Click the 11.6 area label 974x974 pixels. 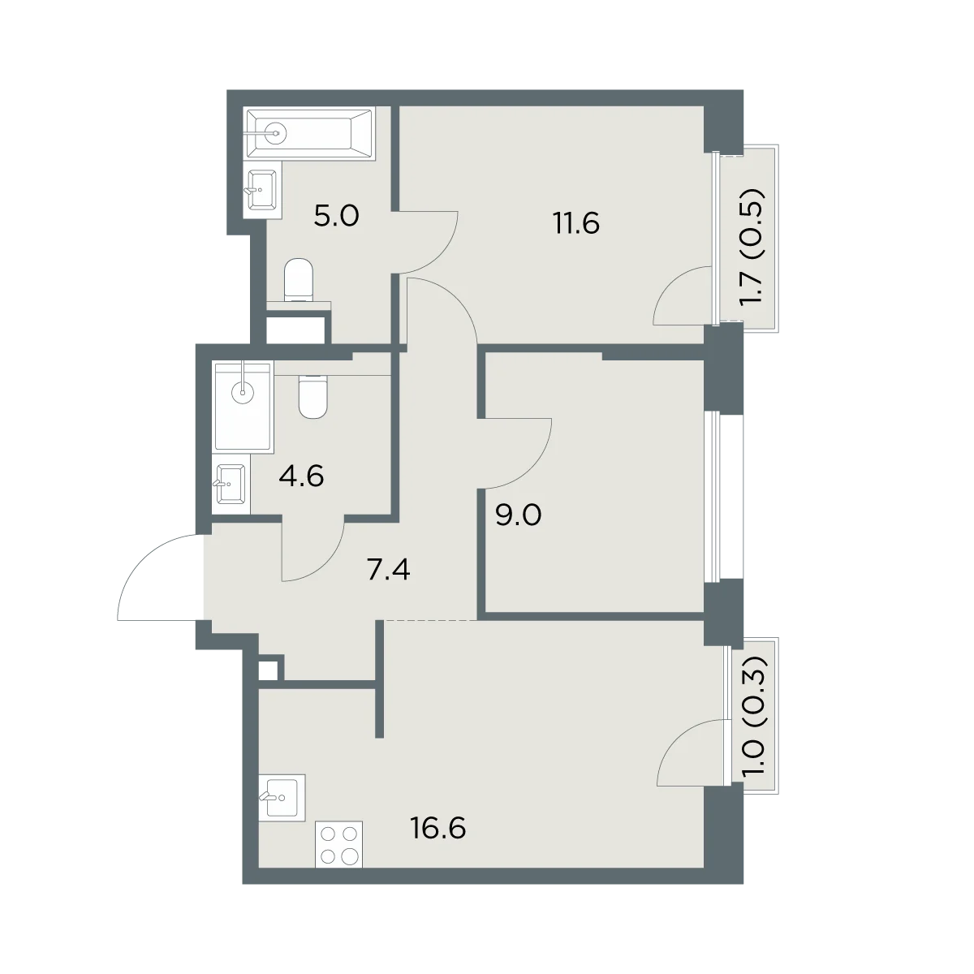click(x=577, y=223)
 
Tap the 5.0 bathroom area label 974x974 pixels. click(x=336, y=216)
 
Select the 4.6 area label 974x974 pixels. click(x=301, y=476)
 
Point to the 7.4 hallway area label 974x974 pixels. click(x=388, y=570)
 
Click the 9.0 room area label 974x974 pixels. click(x=518, y=516)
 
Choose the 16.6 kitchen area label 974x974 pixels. click(x=438, y=829)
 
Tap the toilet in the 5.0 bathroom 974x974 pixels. click(x=299, y=281)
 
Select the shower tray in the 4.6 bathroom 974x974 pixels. click(x=244, y=405)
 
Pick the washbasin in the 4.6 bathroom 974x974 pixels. click(x=231, y=485)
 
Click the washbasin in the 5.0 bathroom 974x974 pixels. click(x=262, y=190)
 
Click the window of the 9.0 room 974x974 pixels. click(x=717, y=498)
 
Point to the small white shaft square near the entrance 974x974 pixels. click(x=268, y=670)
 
